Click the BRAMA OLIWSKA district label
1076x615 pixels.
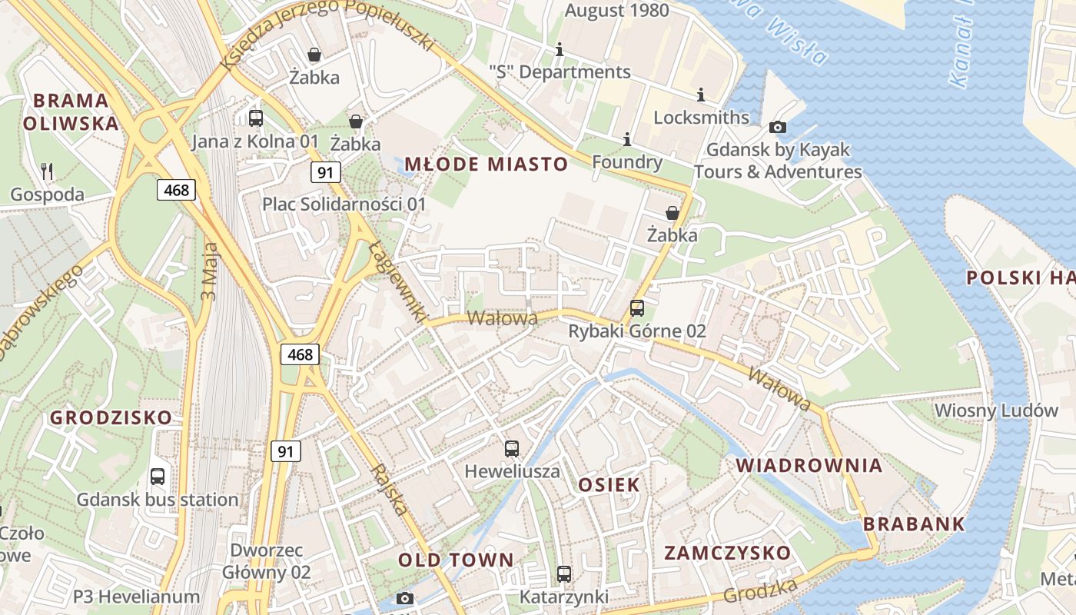click(71, 111)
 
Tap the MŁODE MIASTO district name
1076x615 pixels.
click(486, 164)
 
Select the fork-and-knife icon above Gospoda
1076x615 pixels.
click(48, 171)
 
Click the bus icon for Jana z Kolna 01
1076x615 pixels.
click(256, 118)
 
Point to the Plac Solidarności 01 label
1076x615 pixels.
click(344, 204)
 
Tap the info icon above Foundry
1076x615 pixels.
click(627, 139)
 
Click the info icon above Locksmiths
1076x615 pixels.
click(700, 95)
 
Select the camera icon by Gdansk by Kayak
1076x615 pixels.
click(778, 127)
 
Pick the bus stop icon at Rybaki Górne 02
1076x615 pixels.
click(636, 308)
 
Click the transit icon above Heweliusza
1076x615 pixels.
click(512, 449)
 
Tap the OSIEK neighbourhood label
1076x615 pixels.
click(609, 485)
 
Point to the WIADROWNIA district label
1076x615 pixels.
click(809, 465)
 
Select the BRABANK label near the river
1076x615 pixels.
click(914, 524)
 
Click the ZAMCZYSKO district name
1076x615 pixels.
click(727, 553)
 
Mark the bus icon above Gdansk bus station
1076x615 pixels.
click(158, 477)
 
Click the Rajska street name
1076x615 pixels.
click(390, 489)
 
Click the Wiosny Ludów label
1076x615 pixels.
click(996, 411)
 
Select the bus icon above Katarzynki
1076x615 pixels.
click(564, 574)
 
